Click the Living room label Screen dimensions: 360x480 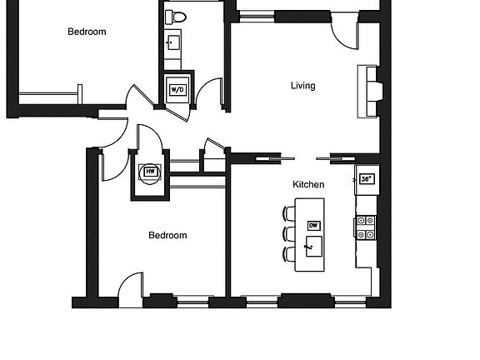point(302,85)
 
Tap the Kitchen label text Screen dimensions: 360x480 point(308,184)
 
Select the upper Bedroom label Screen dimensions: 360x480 point(87,32)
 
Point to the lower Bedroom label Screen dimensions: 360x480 point(167,235)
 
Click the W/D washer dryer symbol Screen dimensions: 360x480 point(177,89)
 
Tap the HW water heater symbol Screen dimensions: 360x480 point(151,172)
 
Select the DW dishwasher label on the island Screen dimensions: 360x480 point(313,225)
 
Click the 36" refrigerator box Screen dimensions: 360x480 point(365,177)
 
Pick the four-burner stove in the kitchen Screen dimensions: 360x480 point(365,227)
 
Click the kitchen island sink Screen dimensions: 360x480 point(312,246)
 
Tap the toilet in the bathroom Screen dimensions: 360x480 point(175,17)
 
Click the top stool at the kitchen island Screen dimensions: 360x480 point(289,213)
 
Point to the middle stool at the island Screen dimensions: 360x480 point(289,233)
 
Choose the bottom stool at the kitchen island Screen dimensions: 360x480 point(289,253)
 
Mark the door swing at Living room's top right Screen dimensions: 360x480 point(343,32)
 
